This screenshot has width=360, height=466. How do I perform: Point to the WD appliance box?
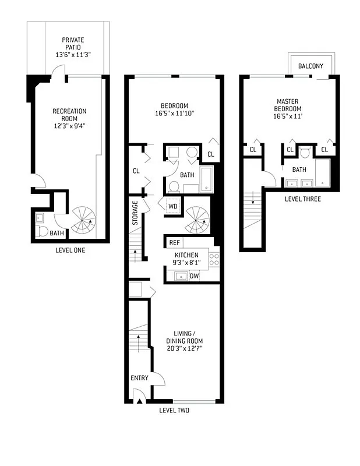click(x=173, y=206)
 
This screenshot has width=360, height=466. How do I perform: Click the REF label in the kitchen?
click(x=174, y=243)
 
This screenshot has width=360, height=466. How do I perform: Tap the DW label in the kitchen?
click(x=193, y=276)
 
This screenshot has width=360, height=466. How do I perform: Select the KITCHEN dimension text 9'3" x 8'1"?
click(x=186, y=263)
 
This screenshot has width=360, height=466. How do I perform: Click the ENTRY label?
click(x=139, y=378)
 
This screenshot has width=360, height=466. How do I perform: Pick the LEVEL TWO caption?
click(x=174, y=411)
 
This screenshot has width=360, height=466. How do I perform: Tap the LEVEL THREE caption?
click(x=302, y=199)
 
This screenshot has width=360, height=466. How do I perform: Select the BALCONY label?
click(x=310, y=66)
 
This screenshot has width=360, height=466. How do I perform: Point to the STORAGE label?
click(x=135, y=213)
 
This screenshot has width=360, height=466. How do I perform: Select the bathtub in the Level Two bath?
click(x=207, y=179)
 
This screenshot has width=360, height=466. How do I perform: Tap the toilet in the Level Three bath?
click(x=306, y=153)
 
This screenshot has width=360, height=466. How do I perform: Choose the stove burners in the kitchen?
click(x=214, y=259)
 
